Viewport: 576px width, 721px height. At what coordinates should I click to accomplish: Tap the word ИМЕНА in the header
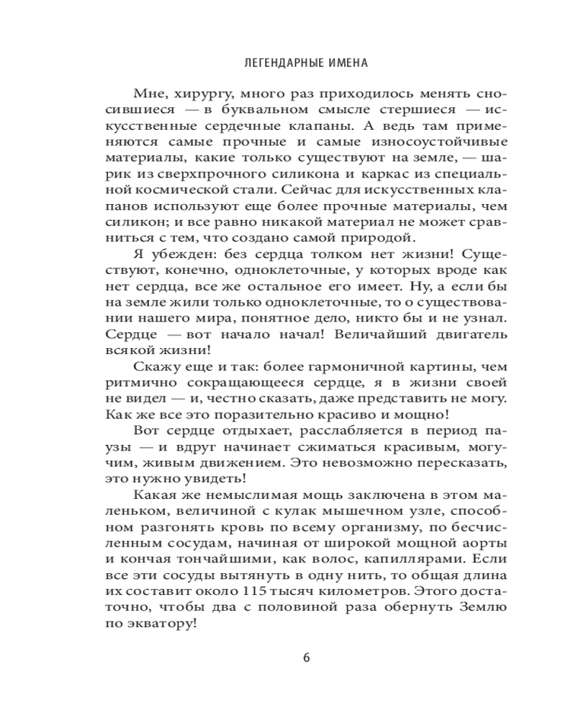(343, 63)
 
